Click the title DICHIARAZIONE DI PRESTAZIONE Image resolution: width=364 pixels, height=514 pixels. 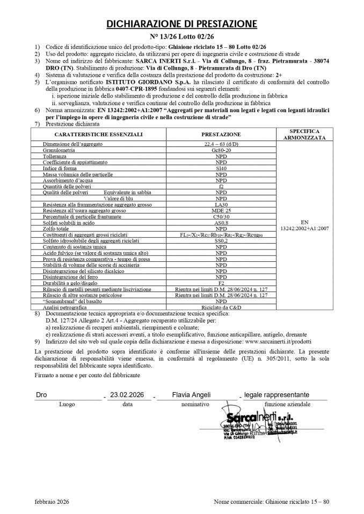tap(181, 24)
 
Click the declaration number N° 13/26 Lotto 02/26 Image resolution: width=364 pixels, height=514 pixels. tap(181, 38)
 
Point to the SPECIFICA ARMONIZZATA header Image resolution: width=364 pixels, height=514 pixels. tap(304, 134)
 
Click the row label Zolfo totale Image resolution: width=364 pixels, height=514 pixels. tap(57, 229)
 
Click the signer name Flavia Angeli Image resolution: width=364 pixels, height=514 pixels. tap(192, 395)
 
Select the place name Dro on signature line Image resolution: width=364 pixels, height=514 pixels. tap(41, 395)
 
